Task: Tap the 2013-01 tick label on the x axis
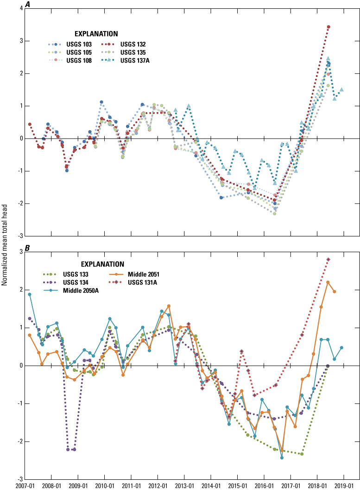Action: tap(184, 485)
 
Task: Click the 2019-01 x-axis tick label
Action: tap(343, 485)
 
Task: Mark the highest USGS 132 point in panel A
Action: tap(328, 27)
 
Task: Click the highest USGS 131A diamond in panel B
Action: tap(328, 260)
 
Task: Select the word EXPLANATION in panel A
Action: tap(96, 34)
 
